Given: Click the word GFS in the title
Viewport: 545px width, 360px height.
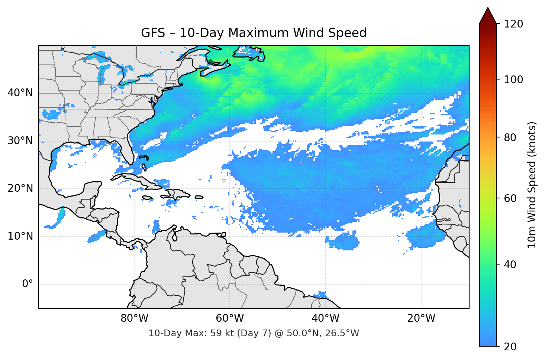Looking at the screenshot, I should (x=153, y=33).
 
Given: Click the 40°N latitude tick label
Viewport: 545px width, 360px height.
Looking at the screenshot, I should (x=20, y=93).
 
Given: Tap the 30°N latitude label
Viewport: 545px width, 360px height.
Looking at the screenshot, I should (x=20, y=141).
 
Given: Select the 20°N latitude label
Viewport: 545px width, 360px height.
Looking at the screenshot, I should (x=20, y=188).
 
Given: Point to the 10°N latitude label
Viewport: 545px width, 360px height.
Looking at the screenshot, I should (x=20, y=236).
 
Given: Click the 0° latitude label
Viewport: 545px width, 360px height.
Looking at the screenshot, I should (x=27, y=284).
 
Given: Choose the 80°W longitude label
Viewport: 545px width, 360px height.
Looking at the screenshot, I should (x=134, y=318).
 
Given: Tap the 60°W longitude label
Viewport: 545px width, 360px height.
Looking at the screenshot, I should (x=230, y=318).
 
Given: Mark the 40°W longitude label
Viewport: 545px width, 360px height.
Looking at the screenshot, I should (x=325, y=318).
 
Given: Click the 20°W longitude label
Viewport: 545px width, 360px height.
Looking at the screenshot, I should (x=421, y=318).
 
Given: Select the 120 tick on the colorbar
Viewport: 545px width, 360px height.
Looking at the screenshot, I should (x=513, y=24).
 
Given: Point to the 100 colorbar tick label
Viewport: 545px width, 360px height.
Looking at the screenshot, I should (x=513, y=80).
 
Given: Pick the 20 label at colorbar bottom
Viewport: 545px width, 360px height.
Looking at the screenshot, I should (x=510, y=347).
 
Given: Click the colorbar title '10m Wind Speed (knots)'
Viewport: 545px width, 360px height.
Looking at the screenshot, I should (x=532, y=185).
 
